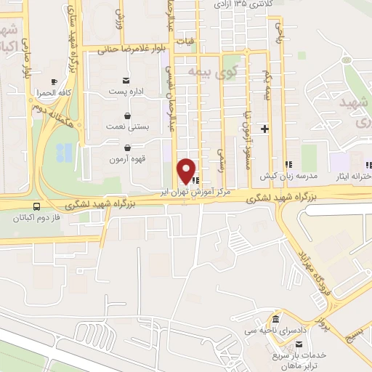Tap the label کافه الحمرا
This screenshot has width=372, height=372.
pos(54,94)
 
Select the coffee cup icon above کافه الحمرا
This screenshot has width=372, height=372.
pos(54,82)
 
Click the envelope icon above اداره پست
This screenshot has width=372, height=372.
pos(128,78)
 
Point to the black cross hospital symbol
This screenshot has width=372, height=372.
pos(264,129)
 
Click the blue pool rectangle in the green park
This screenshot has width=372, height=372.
pos(65,152)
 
